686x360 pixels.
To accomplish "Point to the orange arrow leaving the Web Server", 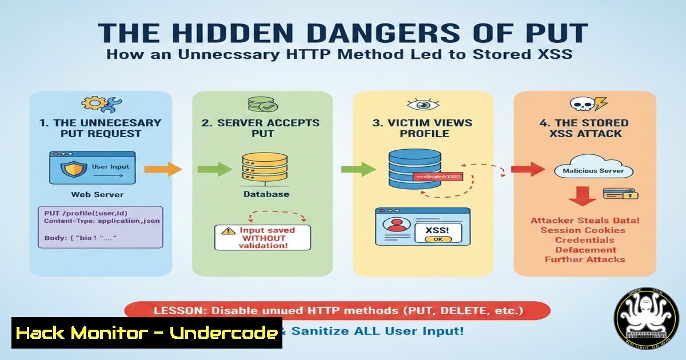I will [162, 169].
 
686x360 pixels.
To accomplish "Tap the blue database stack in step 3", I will [408, 170].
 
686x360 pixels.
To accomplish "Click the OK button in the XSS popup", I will [439, 239].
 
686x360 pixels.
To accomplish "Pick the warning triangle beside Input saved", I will [229, 231].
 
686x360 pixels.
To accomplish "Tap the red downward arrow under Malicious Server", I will [583, 197].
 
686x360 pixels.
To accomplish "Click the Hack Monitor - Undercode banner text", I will [146, 333].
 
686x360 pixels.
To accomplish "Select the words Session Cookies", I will [583, 230].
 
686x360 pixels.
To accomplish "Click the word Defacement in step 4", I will [586, 250].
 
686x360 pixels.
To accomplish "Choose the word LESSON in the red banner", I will [180, 311].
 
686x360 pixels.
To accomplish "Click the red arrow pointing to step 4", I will [527, 169].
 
